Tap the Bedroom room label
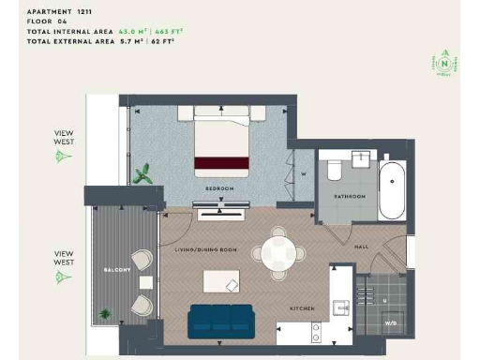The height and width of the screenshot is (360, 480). click(221, 188)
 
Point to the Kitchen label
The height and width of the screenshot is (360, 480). click(302, 307)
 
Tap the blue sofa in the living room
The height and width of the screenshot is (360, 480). click(221, 321)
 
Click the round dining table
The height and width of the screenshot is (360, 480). click(278, 252)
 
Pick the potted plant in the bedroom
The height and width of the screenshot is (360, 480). click(143, 173)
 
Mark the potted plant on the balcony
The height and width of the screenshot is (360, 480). click(106, 313)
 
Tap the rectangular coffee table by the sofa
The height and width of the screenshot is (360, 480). click(221, 281)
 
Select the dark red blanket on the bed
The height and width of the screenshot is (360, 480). click(221, 164)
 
